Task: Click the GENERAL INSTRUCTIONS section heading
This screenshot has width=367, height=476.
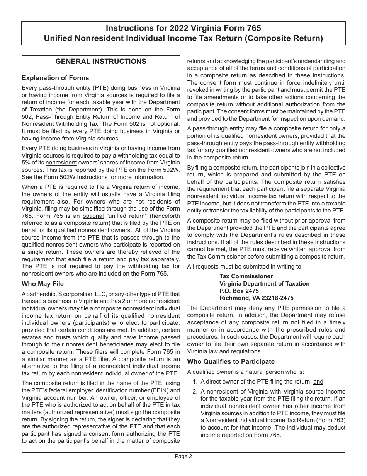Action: tap(101, 62)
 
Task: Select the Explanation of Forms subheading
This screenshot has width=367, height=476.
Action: tap(55, 78)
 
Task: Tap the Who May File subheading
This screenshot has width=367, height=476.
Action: tap(43, 284)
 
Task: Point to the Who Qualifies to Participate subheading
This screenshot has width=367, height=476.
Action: tap(231, 361)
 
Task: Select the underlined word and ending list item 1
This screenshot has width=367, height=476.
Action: tap(318, 382)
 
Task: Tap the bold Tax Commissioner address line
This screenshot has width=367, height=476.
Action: tap(246, 276)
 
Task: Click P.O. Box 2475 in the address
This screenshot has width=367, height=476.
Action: tap(239, 291)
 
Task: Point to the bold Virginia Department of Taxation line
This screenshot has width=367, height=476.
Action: tap(264, 284)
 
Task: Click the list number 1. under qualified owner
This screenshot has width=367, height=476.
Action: tap(195, 382)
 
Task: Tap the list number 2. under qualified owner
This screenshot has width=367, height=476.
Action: tap(195, 391)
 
